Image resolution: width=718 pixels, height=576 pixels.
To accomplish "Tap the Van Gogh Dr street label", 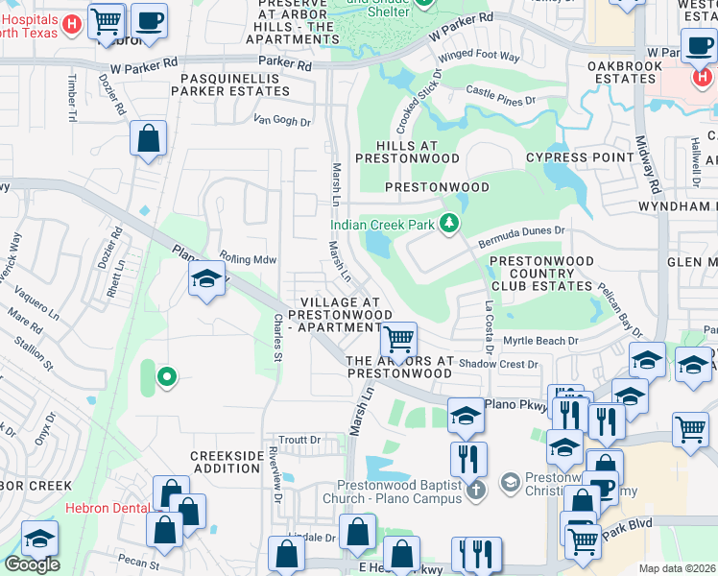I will tap(282, 121).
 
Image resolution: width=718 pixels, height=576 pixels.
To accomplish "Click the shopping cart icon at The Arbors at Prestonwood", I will tap(397, 339).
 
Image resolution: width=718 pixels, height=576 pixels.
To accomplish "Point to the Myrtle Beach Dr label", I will tap(541, 341).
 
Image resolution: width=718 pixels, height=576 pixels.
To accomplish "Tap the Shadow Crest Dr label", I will tap(497, 364).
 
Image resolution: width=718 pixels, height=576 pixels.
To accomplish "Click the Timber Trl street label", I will tap(71, 99).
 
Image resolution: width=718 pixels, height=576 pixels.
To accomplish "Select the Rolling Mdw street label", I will tap(248, 258).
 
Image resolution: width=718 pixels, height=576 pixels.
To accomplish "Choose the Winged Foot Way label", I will tap(489, 57).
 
